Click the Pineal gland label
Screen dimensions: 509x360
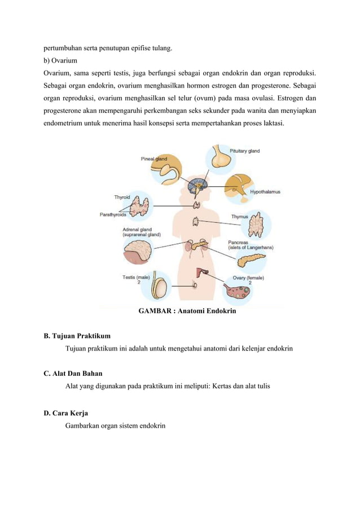(153, 159)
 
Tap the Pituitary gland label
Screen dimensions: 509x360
(244, 151)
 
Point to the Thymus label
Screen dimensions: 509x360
(239, 217)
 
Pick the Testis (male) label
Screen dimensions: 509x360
(135, 277)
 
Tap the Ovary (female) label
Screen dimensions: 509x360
(248, 278)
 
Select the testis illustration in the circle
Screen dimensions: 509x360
(162, 288)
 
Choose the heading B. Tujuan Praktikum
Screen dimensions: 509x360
(77, 336)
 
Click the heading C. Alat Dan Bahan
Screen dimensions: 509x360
(73, 373)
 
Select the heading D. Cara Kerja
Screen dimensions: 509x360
(65, 413)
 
